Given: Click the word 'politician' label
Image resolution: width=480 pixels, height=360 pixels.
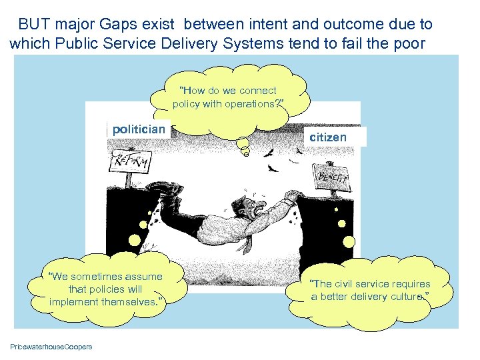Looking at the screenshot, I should tap(139, 129).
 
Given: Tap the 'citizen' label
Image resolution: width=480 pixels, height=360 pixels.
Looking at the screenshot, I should tap(328, 137).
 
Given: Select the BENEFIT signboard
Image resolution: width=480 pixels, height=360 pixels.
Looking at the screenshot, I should tap(333, 177).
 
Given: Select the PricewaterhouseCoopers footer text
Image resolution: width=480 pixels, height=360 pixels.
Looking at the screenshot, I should tap(51, 346).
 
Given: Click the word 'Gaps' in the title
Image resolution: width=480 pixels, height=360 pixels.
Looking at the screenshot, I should tap(134, 25).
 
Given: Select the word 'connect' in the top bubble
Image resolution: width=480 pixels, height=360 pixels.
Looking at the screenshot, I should tap(259, 90).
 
